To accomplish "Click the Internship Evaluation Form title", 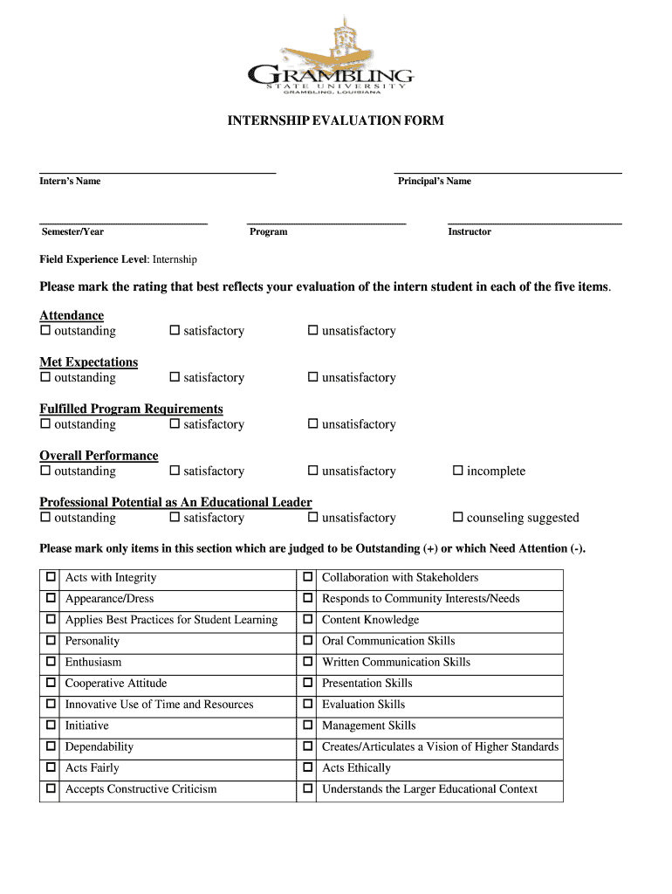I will coord(336,120).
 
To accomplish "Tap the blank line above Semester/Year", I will coord(123,223).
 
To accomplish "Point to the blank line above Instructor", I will coord(534,223).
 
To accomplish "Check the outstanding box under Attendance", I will coord(45,331).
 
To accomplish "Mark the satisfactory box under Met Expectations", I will coord(175,377).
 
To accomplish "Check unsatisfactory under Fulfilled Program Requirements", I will coord(312,424).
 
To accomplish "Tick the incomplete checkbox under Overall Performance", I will coord(457,471).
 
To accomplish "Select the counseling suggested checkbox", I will coord(457,518).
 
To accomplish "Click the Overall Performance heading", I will coord(99,456).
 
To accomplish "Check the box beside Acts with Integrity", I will coord(51,577).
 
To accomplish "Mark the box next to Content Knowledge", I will coord(307,620).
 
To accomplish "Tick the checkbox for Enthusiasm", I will coord(51,662).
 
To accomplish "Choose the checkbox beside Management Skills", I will coord(307,726).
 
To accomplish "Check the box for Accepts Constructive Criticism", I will coord(51,789).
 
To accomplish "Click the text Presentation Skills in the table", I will coord(367,684).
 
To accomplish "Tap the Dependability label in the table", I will coord(99,747).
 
